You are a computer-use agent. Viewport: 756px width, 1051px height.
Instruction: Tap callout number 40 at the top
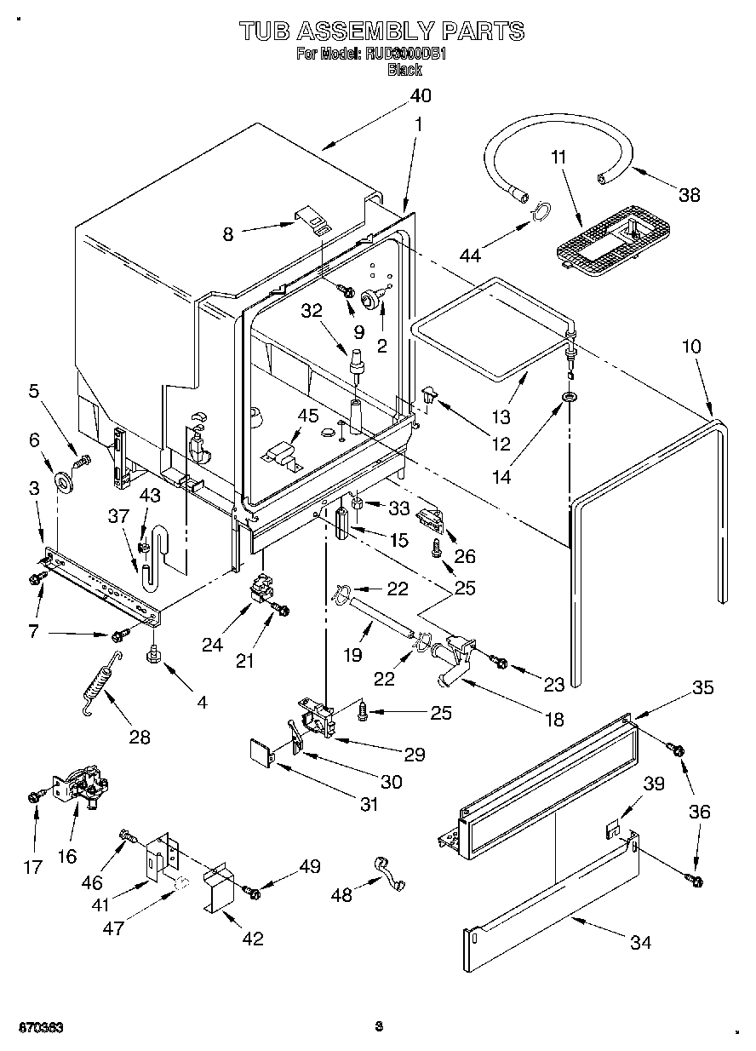(x=421, y=95)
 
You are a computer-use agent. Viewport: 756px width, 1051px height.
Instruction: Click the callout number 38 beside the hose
(x=689, y=194)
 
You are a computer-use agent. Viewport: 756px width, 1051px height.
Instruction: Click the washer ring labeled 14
(x=569, y=398)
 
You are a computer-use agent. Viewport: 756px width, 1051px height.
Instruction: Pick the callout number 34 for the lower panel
(x=640, y=942)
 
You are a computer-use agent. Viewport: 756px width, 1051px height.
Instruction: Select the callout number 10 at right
(x=691, y=347)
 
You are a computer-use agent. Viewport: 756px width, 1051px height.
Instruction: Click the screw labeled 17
(x=35, y=795)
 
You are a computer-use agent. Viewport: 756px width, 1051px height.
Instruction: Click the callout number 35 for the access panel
(x=702, y=687)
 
